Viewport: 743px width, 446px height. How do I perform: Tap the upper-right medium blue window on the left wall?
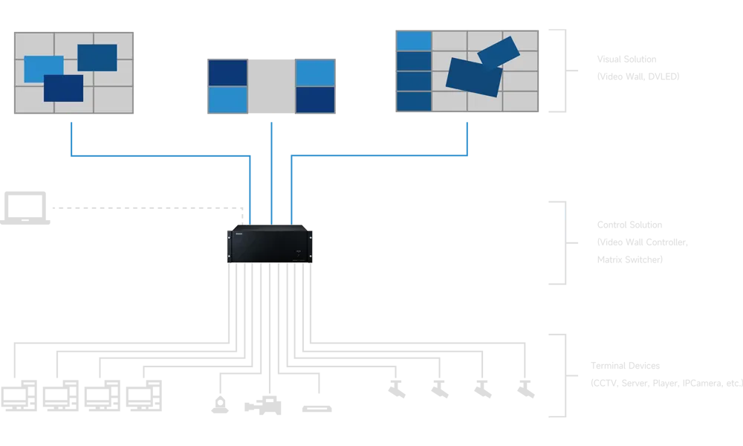[x=97, y=56]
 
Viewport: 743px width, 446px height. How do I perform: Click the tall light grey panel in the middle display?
[x=271, y=85]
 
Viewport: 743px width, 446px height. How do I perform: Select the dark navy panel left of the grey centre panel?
[x=228, y=73]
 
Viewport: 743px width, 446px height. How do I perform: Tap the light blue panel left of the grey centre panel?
[x=228, y=100]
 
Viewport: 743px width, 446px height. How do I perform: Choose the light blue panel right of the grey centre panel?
[x=315, y=73]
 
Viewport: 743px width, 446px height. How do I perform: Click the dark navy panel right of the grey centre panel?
[x=315, y=100]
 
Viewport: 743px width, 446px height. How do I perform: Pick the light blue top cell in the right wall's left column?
[x=414, y=41]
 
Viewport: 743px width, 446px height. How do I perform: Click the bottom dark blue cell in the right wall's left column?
[x=414, y=101]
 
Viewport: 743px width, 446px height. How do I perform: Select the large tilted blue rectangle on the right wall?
[x=473, y=77]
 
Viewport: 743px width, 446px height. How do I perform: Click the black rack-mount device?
[x=270, y=244]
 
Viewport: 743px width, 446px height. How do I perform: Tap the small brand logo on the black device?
[x=239, y=233]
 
